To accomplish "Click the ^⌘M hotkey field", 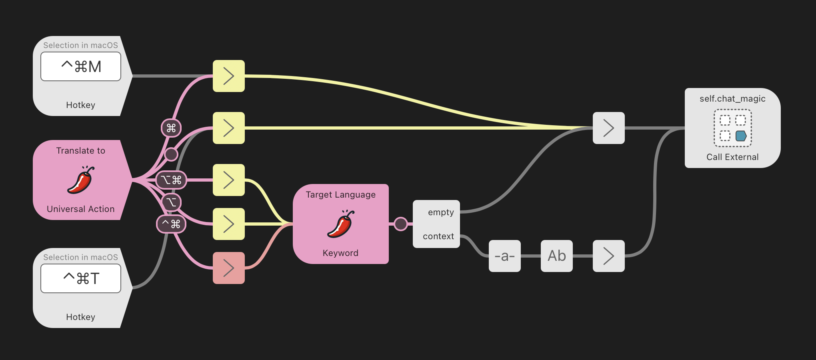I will (81, 66).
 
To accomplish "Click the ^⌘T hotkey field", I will (81, 278).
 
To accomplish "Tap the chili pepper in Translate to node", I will (81, 180).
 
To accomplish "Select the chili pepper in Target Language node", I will (341, 224).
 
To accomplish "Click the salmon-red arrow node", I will (229, 268).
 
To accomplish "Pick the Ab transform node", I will (557, 256).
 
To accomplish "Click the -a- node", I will (505, 256).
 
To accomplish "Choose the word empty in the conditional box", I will (441, 212).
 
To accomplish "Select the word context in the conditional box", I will (438, 236).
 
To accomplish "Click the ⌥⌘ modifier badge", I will (171, 180).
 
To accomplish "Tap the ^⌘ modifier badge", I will (171, 224).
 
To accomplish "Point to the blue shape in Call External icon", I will (741, 136).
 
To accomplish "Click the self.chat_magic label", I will (732, 99).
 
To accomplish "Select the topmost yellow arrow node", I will (229, 76).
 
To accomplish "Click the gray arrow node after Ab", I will (609, 256).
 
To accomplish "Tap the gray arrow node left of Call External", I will (609, 128).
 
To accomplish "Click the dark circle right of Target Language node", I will (400, 224).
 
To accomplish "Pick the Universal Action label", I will (81, 209).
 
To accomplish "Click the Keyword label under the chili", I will (341, 253).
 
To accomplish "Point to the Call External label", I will (732, 157).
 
